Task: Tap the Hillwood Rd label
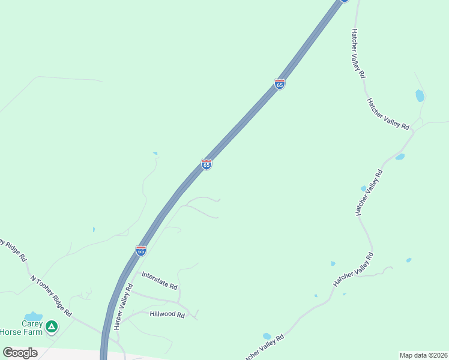click(167, 314)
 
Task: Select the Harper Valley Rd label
click(124, 307)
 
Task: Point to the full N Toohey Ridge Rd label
click(51, 296)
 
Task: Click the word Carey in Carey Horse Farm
click(31, 323)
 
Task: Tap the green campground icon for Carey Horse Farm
click(52, 326)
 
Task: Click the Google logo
click(20, 353)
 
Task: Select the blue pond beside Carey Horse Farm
click(33, 316)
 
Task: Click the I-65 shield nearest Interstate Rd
click(141, 251)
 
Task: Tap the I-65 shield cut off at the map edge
click(345, 1)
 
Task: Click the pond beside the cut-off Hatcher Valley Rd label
click(267, 336)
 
